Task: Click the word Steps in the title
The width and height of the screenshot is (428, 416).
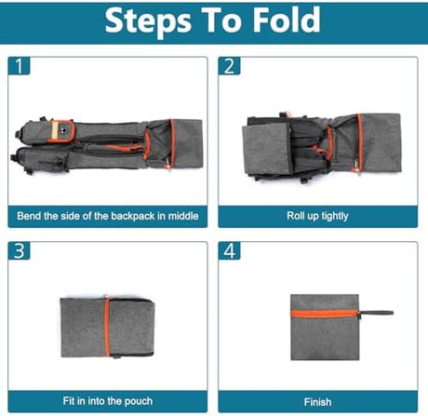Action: coord(148,21)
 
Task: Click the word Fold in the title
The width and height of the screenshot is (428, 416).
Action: coord(287,20)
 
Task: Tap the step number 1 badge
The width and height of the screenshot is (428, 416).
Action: coord(20,66)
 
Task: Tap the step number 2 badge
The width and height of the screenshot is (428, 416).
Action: coord(230,66)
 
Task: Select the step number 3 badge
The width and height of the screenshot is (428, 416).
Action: coord(20,250)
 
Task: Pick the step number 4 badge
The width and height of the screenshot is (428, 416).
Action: coord(230,250)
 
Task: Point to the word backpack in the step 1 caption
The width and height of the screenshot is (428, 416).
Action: coord(133,216)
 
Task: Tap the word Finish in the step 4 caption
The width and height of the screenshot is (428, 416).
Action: coord(317,402)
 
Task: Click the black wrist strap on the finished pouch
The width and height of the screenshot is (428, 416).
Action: coord(375,314)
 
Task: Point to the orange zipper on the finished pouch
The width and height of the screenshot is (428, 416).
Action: coord(325,314)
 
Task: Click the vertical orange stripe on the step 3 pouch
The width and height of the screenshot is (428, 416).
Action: coord(107,328)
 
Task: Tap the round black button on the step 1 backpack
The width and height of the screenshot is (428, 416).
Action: coord(64,130)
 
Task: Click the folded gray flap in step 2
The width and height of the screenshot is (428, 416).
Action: coord(266,149)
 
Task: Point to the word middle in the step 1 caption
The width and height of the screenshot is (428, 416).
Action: coord(183,216)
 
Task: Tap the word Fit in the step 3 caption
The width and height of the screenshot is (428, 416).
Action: coord(69,401)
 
